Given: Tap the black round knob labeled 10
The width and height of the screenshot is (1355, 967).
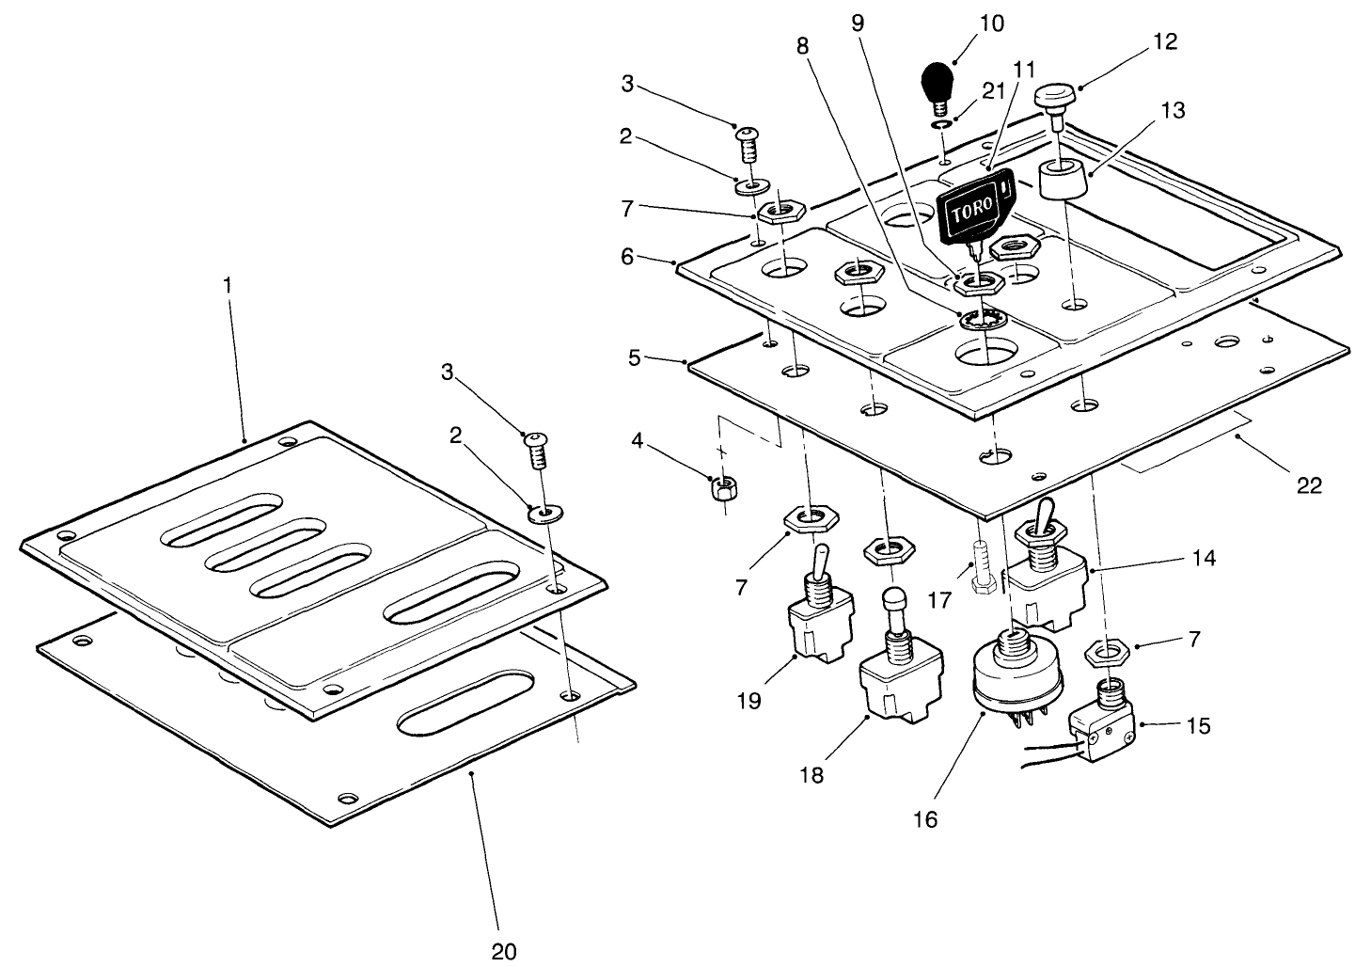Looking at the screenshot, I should click(937, 81).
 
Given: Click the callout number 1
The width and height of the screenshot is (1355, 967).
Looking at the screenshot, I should click(227, 283).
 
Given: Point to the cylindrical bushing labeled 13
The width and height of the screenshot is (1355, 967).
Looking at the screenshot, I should click(1062, 179).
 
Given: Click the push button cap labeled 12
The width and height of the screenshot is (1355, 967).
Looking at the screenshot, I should click(1056, 98).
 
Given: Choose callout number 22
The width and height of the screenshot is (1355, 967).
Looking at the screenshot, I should click(1309, 485).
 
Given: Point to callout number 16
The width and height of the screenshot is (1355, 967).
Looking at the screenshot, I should click(925, 818).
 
